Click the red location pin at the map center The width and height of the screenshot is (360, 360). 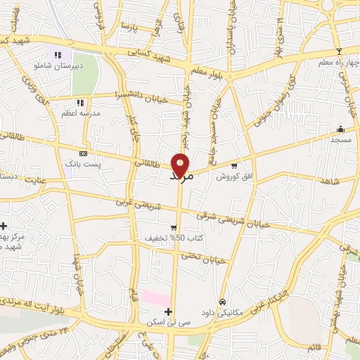(x=180, y=163)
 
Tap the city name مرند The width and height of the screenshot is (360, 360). (x=181, y=176)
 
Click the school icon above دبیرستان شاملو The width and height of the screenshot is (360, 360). (x=59, y=54)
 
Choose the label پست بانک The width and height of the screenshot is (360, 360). (x=83, y=164)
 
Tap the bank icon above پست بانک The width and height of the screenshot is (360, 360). (x=83, y=153)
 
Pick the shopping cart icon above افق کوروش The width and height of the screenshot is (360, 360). (x=234, y=167)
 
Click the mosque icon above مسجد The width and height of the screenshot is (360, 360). (x=340, y=129)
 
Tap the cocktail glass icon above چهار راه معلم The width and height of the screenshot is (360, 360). (x=339, y=51)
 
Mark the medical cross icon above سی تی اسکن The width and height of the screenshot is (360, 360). (x=167, y=311)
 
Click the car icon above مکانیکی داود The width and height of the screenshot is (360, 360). (x=222, y=302)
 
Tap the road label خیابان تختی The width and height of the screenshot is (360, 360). (x=204, y=259)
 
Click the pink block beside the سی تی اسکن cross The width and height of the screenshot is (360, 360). (x=155, y=297)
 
